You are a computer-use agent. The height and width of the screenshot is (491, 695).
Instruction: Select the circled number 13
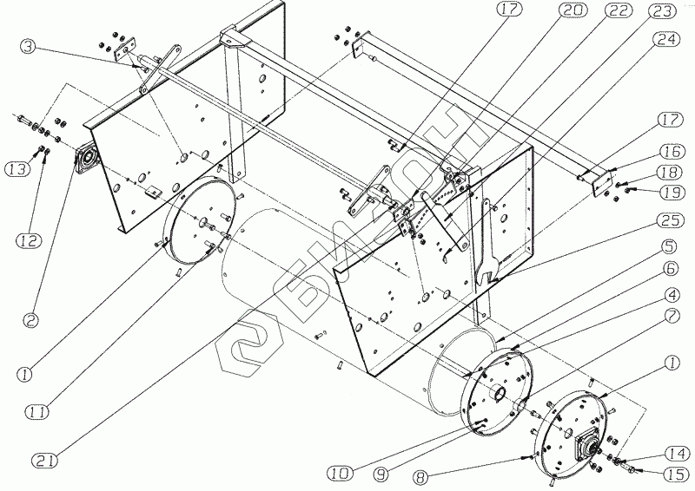coord(16,168)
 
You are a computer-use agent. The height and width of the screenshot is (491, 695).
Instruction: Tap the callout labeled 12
coord(30,240)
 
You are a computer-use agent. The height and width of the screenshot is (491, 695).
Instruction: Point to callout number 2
coord(30,320)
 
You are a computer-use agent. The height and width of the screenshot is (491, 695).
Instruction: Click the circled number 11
coord(37,412)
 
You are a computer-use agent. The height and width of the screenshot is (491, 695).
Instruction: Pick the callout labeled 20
coord(573,10)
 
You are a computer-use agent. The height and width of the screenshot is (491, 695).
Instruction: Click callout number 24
coord(666,39)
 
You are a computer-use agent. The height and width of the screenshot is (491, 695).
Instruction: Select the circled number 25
coord(670,220)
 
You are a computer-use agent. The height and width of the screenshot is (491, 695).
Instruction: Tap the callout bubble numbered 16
coord(672,152)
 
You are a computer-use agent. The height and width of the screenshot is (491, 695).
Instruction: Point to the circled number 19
coord(672,193)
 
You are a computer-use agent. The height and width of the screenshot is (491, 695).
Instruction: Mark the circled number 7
coord(672,316)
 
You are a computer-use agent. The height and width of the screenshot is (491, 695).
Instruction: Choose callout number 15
coord(675,475)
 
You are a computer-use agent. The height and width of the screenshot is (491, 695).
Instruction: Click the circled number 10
coord(340,474)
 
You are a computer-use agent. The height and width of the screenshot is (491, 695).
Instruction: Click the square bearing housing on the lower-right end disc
coord(586,446)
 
